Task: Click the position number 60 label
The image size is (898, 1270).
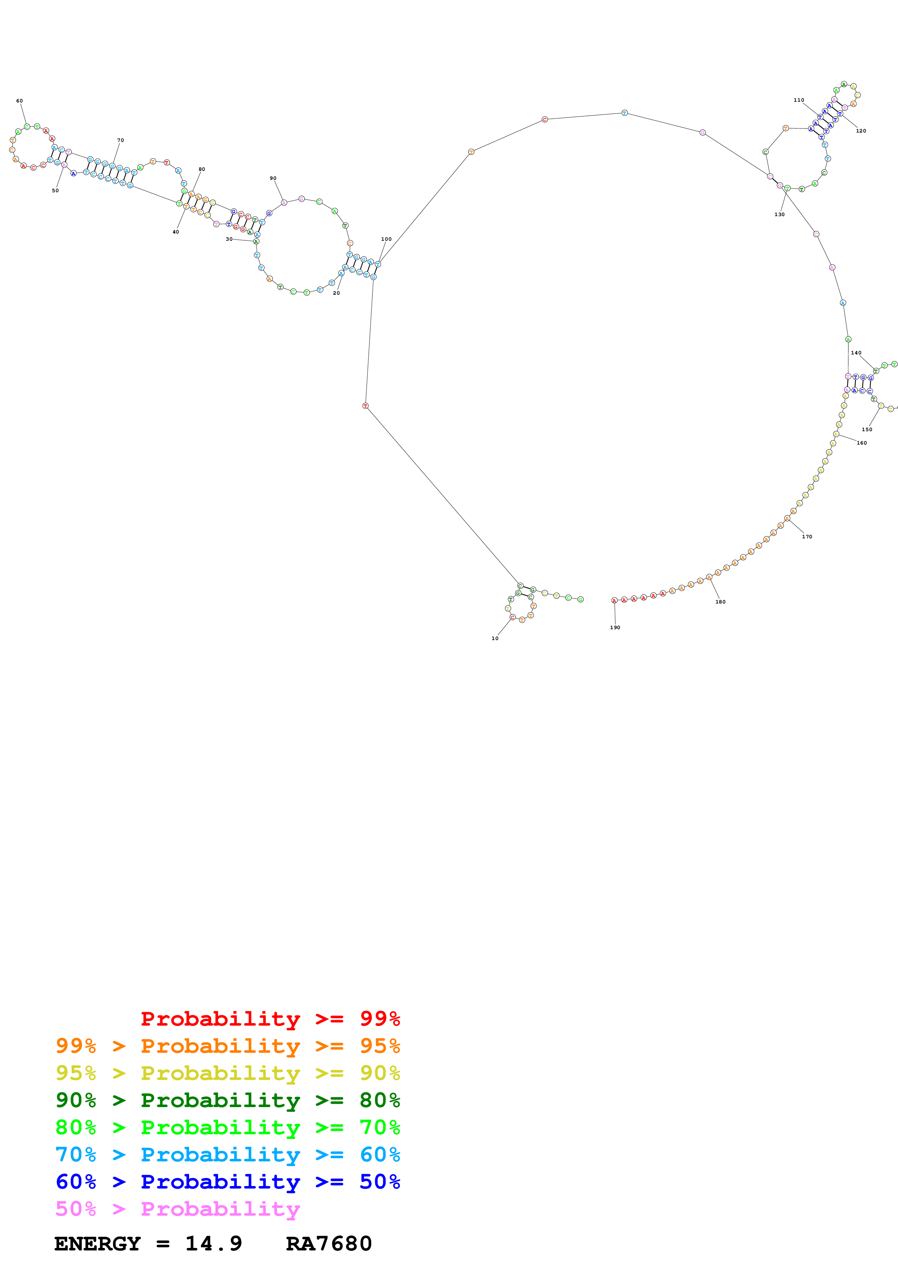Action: coord(19,101)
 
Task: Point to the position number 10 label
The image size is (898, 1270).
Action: coord(495,638)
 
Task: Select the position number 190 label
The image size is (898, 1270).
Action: coord(615,628)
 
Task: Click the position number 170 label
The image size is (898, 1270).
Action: coord(807,537)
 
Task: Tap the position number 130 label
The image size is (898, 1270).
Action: coord(779,215)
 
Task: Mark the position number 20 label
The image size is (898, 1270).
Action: coord(336,293)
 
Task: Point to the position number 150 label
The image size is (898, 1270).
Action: coord(866,429)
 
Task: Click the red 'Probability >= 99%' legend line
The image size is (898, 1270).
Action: coord(270,1019)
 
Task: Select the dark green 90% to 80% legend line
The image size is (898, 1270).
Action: coord(227,1100)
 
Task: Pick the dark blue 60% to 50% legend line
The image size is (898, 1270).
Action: coord(227,1182)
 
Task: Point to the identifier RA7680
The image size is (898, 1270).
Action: coord(329,1244)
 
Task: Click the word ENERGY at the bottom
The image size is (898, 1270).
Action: coord(97,1244)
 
